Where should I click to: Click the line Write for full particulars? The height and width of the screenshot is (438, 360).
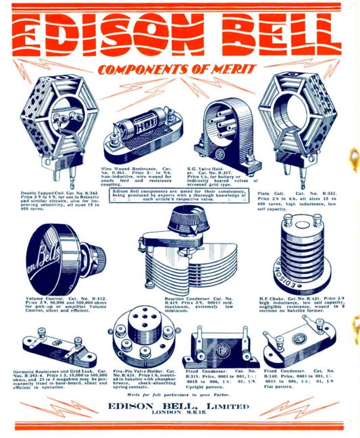click(178, 393)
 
